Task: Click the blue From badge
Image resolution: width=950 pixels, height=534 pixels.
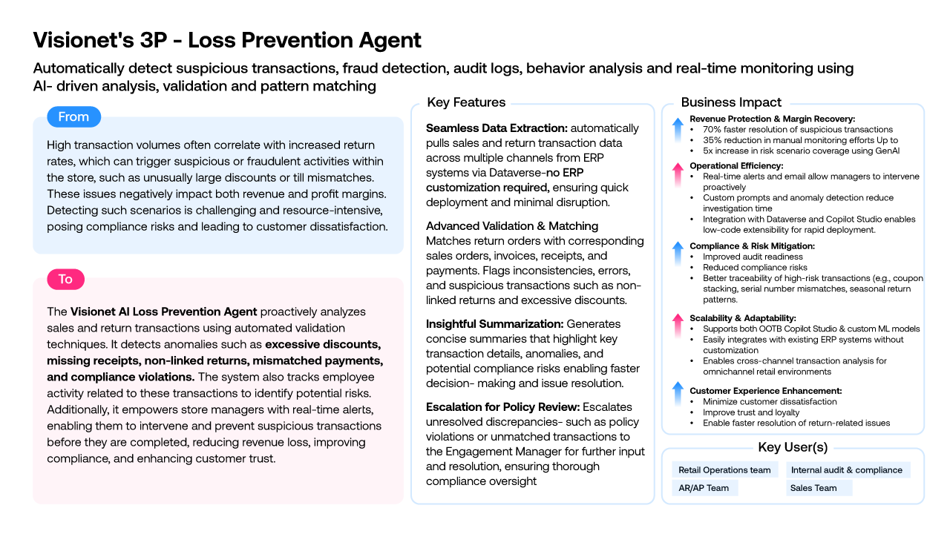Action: (73, 116)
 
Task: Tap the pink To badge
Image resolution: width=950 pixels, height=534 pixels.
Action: (66, 280)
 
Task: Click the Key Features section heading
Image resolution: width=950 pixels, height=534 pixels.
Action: (466, 102)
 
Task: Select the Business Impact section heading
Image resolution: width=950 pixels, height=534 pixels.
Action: (731, 102)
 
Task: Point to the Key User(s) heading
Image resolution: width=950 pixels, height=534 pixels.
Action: (793, 447)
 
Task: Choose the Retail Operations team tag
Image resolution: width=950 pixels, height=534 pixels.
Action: (725, 470)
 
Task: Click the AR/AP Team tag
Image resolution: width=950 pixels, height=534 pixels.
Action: (705, 488)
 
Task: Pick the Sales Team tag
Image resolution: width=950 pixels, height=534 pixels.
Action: (819, 488)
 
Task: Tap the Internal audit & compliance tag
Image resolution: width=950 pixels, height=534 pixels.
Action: (848, 470)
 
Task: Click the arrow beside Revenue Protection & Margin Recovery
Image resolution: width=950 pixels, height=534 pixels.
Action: (678, 130)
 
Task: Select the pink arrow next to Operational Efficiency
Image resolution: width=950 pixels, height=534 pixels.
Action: (678, 175)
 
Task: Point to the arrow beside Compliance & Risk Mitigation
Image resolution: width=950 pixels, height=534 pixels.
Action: (678, 254)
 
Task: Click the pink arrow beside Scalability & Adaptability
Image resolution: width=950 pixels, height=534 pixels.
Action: (678, 326)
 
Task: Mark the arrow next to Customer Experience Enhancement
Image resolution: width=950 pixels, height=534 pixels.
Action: (678, 394)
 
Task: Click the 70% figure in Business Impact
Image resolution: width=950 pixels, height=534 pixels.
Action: (712, 130)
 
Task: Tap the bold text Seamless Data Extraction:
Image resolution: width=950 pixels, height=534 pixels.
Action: (497, 128)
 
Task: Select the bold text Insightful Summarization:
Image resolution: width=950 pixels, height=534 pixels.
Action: (494, 324)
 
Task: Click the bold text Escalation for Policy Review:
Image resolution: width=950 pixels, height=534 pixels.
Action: (502, 407)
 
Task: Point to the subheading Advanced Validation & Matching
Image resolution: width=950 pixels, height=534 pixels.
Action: (512, 226)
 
